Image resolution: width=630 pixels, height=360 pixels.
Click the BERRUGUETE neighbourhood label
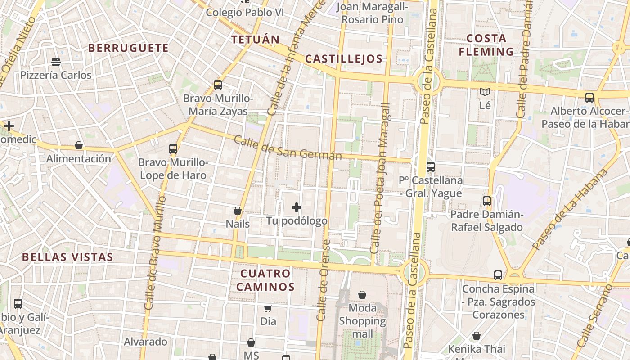[128, 48]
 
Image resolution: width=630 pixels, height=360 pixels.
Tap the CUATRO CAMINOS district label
[265, 280]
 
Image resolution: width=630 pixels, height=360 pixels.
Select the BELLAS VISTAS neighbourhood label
[67, 257]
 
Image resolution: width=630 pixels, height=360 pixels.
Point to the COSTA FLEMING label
[486, 45]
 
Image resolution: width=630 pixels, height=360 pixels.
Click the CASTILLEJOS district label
[344, 58]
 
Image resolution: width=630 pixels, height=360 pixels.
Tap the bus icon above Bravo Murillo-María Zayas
[218, 85]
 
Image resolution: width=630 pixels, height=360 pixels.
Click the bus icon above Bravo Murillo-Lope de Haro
[173, 148]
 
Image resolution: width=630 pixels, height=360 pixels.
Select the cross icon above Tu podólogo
[297, 207]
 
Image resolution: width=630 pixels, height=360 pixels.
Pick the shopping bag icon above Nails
[238, 211]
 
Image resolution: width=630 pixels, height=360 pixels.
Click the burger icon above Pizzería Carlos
[56, 62]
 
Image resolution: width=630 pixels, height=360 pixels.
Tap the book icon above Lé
[485, 92]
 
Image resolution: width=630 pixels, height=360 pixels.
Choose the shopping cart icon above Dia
[268, 308]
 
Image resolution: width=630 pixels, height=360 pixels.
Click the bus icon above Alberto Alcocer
[589, 97]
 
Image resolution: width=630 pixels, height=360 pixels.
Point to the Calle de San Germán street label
[288, 148]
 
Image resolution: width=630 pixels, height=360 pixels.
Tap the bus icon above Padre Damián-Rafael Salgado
[487, 201]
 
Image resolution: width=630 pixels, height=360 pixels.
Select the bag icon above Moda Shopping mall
[362, 295]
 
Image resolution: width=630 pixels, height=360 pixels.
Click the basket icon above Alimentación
[79, 145]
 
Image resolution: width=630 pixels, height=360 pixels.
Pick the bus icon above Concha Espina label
[498, 275]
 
